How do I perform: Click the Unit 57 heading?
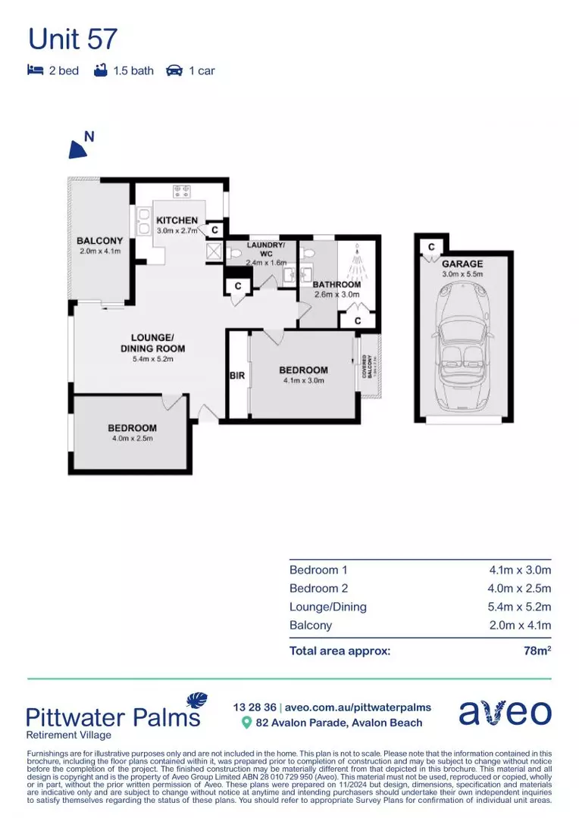click(x=73, y=38)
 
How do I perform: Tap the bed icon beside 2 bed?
click(x=35, y=70)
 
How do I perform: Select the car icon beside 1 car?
click(x=174, y=70)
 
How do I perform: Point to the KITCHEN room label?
click(x=177, y=220)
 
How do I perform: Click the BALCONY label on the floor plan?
click(x=99, y=241)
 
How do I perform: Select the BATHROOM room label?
click(x=336, y=285)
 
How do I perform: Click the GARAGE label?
click(x=462, y=264)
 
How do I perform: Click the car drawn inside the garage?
click(x=462, y=345)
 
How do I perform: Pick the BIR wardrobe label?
click(x=236, y=375)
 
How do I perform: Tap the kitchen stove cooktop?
click(x=182, y=192)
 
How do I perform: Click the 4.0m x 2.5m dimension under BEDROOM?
click(x=132, y=439)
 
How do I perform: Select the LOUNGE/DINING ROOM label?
click(x=152, y=343)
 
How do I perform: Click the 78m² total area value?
click(x=537, y=650)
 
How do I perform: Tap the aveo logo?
click(x=505, y=713)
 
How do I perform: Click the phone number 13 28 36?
click(x=255, y=707)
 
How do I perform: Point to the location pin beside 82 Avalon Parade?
click(x=246, y=723)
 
